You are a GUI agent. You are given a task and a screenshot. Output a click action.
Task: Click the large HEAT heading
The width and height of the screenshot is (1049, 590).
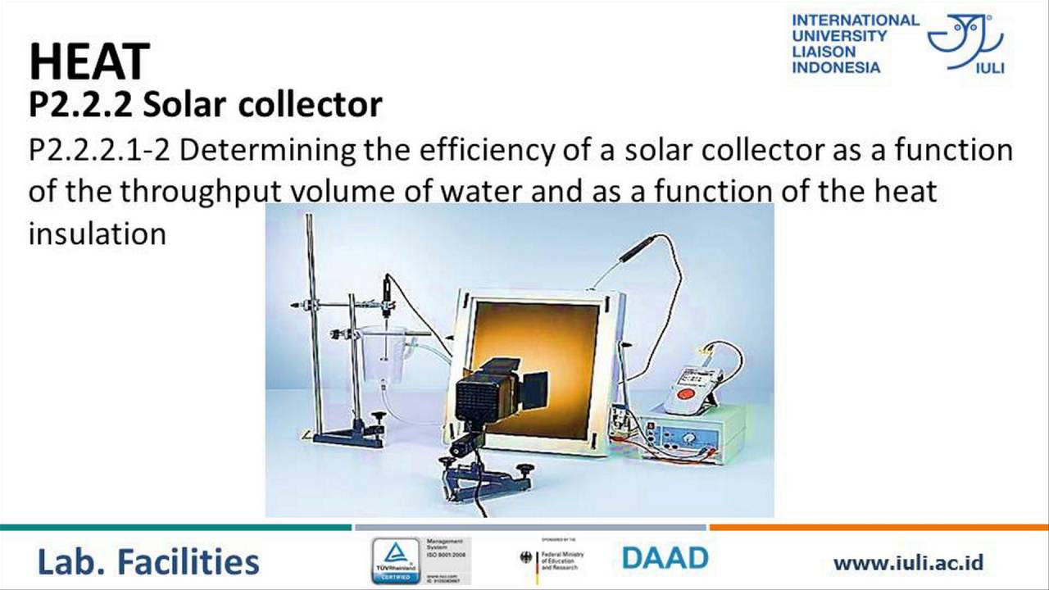point(89,62)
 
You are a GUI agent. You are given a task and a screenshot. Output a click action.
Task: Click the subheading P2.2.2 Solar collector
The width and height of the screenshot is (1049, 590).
point(205,104)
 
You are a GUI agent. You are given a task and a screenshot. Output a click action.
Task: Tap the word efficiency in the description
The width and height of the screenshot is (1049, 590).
point(474,151)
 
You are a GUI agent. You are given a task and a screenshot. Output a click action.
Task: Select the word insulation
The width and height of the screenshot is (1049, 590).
point(97,234)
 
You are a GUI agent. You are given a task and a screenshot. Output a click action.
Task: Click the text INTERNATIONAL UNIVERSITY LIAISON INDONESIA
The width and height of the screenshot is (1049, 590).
point(855,43)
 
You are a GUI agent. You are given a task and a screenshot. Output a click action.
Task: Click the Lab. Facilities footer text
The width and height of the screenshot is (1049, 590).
point(148,562)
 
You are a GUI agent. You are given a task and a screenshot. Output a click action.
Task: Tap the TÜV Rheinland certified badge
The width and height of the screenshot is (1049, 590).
point(396,560)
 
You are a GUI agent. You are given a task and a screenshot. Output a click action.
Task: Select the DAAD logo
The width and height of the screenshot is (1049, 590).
point(665,559)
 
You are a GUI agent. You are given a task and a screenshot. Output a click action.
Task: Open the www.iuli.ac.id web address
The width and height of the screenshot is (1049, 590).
point(908,563)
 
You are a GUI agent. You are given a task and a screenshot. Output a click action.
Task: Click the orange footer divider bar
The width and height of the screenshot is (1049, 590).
point(878,527)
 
